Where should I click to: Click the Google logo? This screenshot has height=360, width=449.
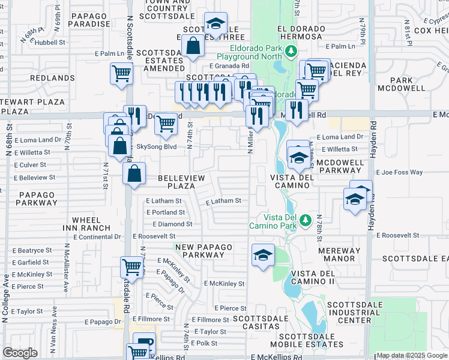tap(20, 353)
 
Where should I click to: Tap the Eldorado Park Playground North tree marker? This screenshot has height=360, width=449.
tap(291, 51)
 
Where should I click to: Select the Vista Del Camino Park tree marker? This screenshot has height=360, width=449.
tap(305, 221)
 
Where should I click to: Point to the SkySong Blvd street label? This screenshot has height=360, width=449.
tap(157, 146)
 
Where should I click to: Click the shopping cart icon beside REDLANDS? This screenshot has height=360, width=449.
tap(121, 74)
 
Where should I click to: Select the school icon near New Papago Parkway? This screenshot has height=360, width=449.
tap(263, 255)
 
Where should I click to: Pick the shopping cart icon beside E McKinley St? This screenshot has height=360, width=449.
tap(131, 266)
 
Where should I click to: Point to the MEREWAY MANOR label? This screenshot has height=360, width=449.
tap(340, 255)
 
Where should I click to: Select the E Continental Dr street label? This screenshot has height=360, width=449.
tap(97, 237)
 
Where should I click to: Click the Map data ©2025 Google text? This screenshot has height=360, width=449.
tap(411, 355)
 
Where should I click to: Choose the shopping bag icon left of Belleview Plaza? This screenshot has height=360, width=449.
tap(135, 173)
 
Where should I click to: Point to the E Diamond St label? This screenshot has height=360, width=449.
tap(172, 224)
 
